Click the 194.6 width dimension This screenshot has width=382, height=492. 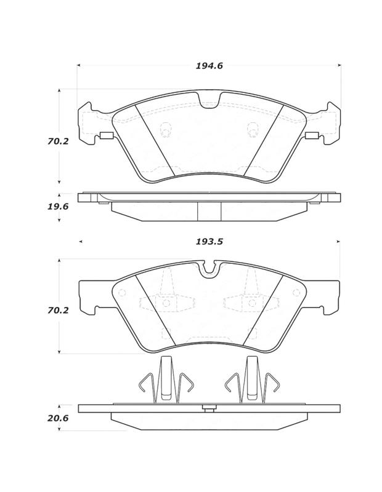click(x=209, y=66)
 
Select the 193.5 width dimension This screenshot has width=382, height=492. click(x=209, y=242)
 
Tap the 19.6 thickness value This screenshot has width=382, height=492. click(x=58, y=207)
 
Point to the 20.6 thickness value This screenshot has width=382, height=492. click(x=58, y=418)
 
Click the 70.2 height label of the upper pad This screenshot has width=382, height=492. click(x=58, y=141)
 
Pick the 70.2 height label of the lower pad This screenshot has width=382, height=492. click(x=58, y=311)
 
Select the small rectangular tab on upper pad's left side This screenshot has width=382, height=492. click(x=106, y=136)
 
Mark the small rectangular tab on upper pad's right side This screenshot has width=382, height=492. click(x=312, y=136)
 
